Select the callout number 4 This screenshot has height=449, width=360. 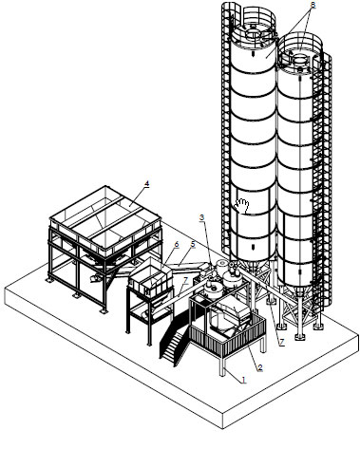pos(146,184)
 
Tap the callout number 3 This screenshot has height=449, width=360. pos(202,217)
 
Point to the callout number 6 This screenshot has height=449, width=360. pos(177,244)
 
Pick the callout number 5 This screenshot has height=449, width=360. pos(193,244)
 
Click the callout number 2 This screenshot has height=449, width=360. pos(260,367)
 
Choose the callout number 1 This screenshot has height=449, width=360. pos(243,380)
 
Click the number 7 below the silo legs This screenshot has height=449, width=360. pos(281,342)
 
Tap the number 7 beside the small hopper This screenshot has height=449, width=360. pos(185,281)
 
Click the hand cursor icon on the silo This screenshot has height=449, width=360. pos(241,206)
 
